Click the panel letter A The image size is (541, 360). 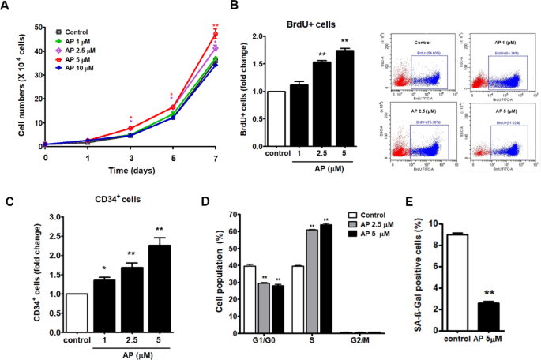click(x=8, y=8)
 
